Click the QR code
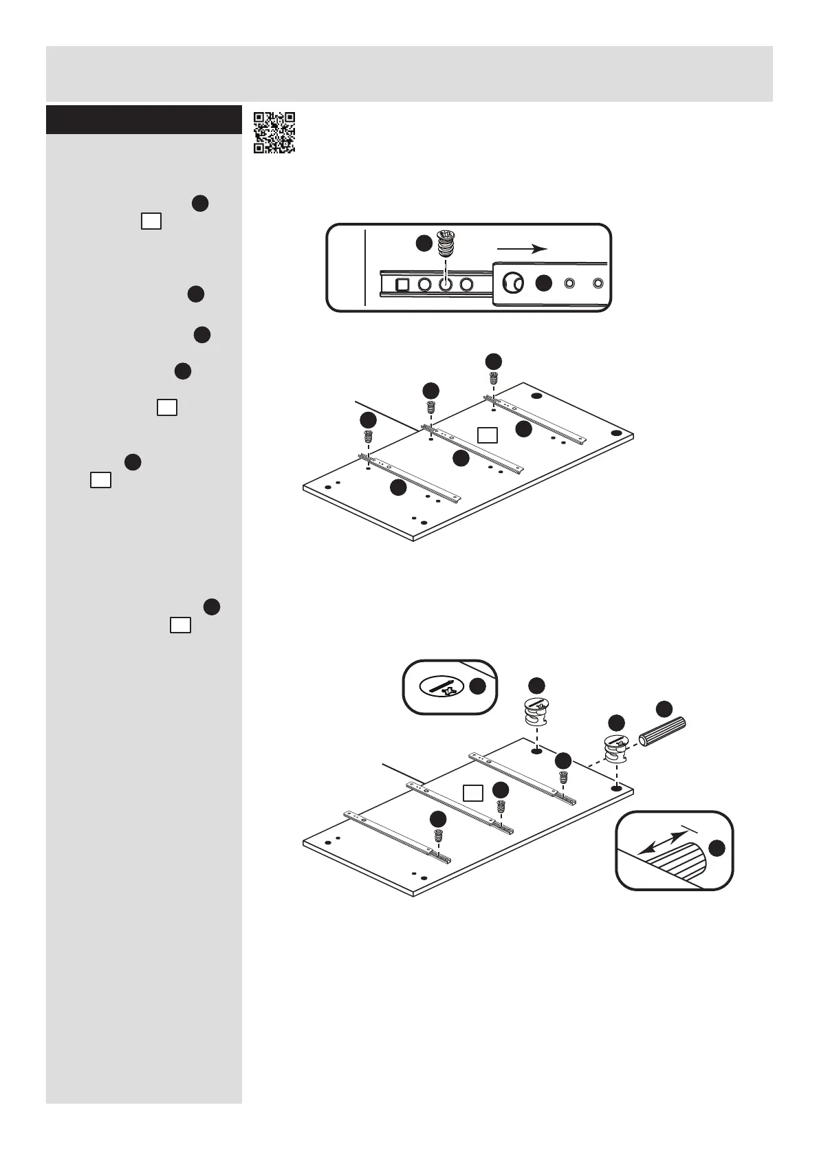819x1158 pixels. (x=274, y=132)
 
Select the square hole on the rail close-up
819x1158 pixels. (x=403, y=284)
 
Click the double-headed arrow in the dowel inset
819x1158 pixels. (x=662, y=842)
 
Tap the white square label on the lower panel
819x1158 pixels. (x=472, y=793)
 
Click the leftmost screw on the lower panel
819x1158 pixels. (x=438, y=835)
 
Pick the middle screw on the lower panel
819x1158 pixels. (x=501, y=806)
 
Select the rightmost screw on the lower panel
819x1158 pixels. (x=563, y=778)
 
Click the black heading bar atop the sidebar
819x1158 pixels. (x=140, y=120)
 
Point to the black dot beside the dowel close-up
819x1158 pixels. (x=717, y=848)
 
